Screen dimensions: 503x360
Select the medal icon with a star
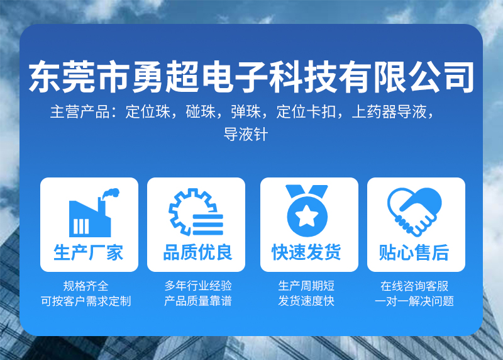(x=307, y=211)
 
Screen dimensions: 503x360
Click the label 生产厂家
(x=89, y=252)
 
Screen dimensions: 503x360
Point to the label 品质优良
(x=197, y=252)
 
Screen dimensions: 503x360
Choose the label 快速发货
(x=306, y=252)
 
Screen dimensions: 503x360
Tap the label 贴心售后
(x=414, y=252)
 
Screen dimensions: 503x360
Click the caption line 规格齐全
(x=86, y=286)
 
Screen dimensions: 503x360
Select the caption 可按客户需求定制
(x=86, y=301)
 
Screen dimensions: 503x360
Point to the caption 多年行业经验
(x=198, y=286)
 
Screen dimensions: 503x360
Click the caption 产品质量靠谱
(x=198, y=301)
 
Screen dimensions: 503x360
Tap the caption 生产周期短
(x=306, y=286)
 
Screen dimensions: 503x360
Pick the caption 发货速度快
(x=306, y=301)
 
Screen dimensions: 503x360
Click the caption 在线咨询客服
(x=414, y=286)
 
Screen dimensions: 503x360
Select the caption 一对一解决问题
(x=414, y=301)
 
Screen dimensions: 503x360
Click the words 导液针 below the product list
(x=246, y=134)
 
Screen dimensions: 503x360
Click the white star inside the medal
(x=307, y=215)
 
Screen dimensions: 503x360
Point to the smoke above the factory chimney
(x=111, y=193)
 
